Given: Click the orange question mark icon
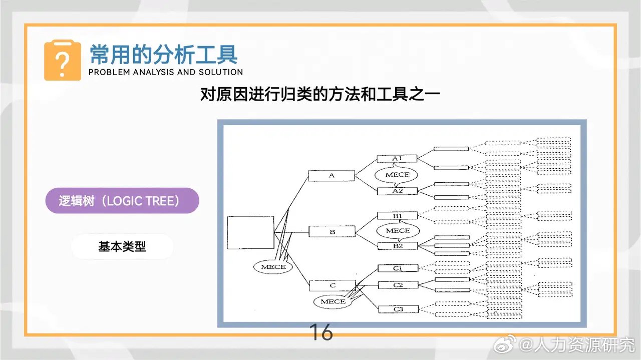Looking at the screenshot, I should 62,61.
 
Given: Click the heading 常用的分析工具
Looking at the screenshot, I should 163,54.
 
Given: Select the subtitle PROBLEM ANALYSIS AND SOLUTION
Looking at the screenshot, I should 165,72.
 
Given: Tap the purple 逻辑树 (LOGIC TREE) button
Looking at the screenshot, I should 122,201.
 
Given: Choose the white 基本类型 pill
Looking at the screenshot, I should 122,246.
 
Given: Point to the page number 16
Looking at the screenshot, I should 321,332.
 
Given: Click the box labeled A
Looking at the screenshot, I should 331,176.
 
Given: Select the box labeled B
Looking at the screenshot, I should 332,232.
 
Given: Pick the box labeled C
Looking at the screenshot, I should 332,286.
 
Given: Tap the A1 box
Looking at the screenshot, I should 397,159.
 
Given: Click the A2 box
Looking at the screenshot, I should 397,191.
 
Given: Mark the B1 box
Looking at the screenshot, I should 398,216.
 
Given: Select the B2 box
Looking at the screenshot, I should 398,246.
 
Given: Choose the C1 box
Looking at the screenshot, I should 398,268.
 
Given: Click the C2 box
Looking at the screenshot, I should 398,285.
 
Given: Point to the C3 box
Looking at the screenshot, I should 398,309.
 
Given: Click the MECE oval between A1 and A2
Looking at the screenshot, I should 398,175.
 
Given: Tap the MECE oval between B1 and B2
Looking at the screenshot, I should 398,231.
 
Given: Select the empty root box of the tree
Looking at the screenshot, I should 250,232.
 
